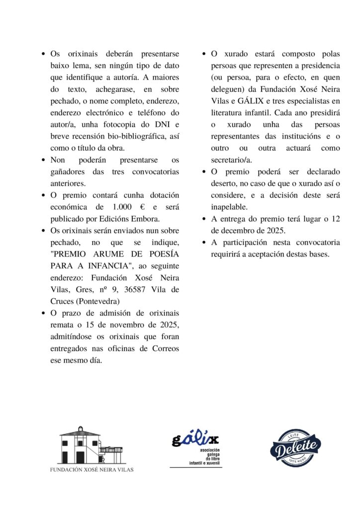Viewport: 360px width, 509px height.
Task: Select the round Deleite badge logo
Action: point(295,446)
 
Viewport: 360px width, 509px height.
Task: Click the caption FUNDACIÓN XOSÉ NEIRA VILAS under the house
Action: point(92,469)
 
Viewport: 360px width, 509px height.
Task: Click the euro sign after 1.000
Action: point(143,206)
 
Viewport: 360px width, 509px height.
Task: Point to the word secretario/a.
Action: point(232,159)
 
